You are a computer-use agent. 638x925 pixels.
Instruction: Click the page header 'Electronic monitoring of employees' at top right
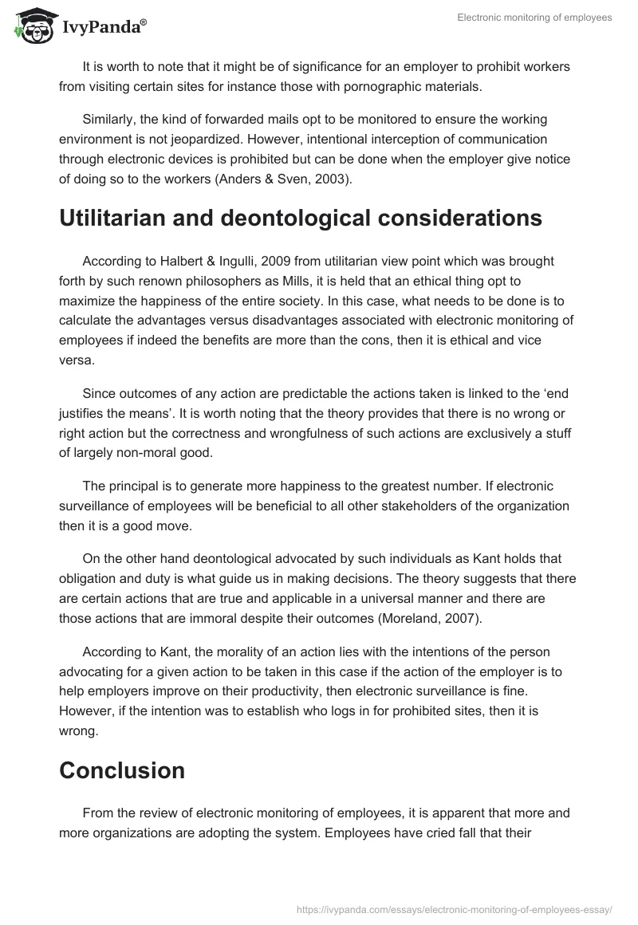[x=534, y=18]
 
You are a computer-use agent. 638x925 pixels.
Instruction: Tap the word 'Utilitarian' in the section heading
[x=120, y=218]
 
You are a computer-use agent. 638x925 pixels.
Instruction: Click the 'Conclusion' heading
[x=122, y=770]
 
